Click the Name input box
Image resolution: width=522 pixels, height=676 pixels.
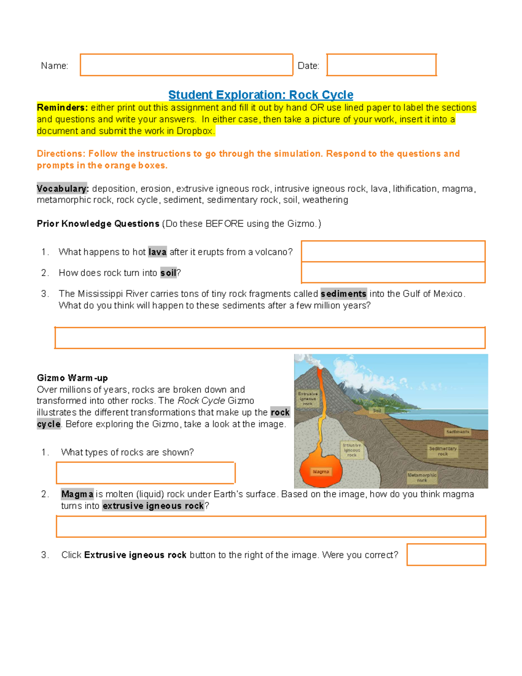click(186, 65)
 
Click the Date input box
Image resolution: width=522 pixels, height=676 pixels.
click(381, 65)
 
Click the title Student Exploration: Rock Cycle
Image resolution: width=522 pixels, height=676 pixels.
click(261, 94)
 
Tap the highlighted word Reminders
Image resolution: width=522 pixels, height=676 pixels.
click(62, 108)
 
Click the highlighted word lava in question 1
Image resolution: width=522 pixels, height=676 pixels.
click(157, 252)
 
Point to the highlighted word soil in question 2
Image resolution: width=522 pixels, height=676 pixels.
click(168, 273)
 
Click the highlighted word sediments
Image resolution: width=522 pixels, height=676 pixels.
click(343, 294)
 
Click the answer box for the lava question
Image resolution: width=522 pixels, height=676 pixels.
click(393, 251)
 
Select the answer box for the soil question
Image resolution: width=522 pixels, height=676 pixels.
click(393, 272)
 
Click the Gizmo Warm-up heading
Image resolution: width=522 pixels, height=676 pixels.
click(72, 378)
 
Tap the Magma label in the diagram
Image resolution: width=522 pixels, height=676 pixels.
click(321, 472)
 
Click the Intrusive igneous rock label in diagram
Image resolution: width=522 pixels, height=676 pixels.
click(351, 450)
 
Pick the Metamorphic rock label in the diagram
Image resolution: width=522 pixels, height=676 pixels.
click(422, 478)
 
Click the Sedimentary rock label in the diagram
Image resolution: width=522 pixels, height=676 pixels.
click(442, 451)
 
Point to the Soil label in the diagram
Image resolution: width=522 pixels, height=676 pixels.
click(377, 410)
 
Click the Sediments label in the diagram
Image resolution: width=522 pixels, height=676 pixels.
click(457, 432)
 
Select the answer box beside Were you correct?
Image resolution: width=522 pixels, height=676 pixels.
click(446, 555)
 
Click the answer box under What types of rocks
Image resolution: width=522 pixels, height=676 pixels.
click(145, 473)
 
